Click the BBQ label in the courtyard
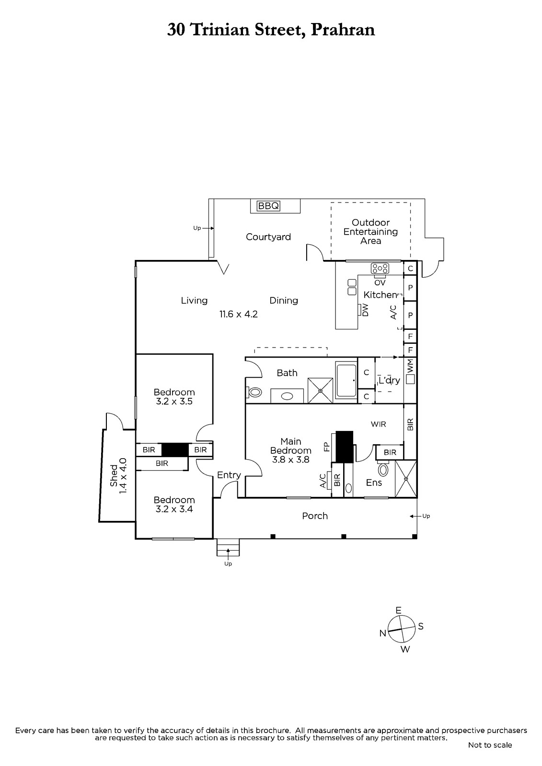coord(268,206)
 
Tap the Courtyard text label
coord(268,237)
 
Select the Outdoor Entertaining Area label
coord(370,232)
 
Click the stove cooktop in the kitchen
coord(380,268)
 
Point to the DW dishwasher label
coord(365,310)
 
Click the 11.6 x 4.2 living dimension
coord(239,315)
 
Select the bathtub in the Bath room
coord(346,381)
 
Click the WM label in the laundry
coord(410,367)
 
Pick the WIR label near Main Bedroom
coord(378,424)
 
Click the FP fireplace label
coord(327,447)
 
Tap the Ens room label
coord(374,483)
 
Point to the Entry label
coord(229,475)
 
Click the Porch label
coord(315,516)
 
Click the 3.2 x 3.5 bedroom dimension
coord(174,402)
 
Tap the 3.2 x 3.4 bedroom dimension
coord(174,509)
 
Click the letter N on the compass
coord(382,633)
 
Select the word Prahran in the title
coord(343,30)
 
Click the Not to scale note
coord(490,745)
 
